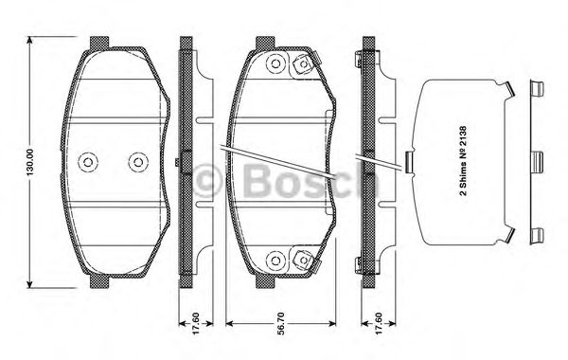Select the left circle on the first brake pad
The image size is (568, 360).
[x=88, y=161]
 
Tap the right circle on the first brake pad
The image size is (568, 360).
[x=138, y=161]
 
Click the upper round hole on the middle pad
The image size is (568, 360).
[x=276, y=63]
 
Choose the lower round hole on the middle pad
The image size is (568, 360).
[x=276, y=259]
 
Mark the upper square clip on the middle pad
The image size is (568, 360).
[x=304, y=65]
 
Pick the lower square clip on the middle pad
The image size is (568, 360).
[x=304, y=258]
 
